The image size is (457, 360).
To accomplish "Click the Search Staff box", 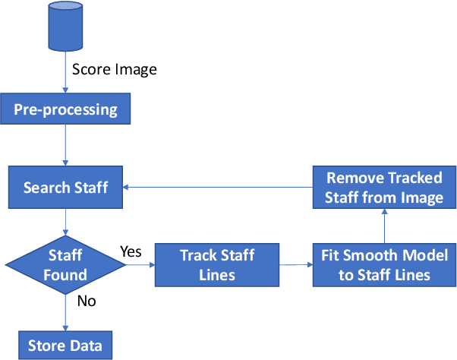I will (66, 188).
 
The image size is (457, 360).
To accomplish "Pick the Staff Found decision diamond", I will (66, 264).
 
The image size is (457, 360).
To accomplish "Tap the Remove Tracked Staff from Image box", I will (384, 188).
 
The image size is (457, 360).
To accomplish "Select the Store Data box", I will (66, 345).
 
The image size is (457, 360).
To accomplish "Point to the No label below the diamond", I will (87, 302).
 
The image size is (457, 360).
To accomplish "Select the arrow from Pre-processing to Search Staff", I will (66, 146).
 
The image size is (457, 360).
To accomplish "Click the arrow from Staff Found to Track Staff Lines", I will (141, 265).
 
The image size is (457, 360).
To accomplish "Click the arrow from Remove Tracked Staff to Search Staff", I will (220, 187).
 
